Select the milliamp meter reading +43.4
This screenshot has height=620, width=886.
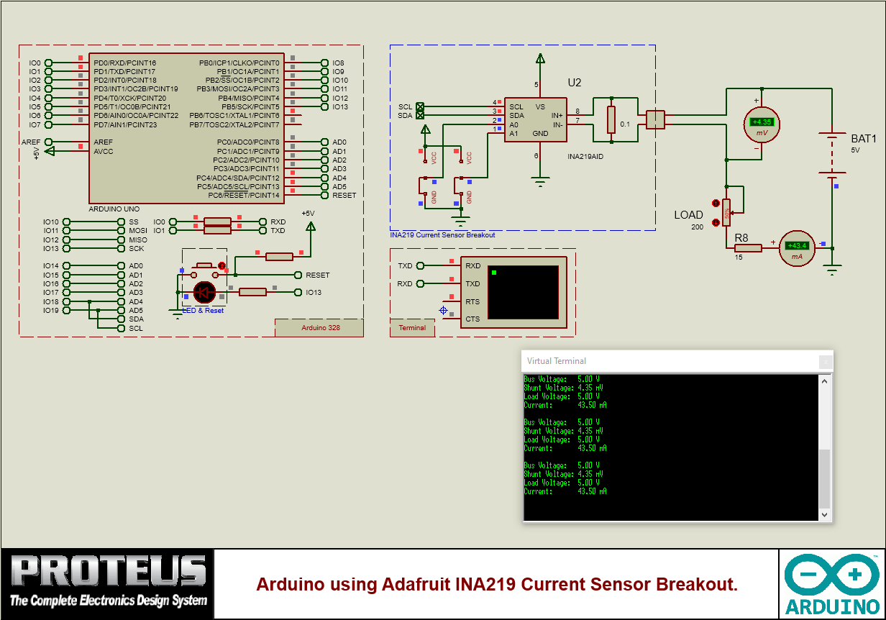(x=798, y=248)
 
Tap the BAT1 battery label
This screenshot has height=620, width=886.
(x=864, y=138)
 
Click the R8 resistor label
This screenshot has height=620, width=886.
(x=741, y=237)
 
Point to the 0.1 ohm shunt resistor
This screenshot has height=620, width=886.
(x=611, y=119)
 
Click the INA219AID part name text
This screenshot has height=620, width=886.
(x=584, y=156)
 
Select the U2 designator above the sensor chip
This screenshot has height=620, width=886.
(x=574, y=83)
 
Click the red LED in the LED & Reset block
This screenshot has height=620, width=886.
(x=205, y=292)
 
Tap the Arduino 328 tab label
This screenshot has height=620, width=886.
(x=320, y=328)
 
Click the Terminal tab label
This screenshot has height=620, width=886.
(x=412, y=328)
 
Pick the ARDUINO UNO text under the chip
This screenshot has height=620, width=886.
(x=114, y=209)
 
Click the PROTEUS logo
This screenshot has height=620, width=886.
(x=108, y=580)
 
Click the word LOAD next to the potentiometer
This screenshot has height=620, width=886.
(x=688, y=215)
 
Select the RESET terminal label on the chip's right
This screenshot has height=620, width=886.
(x=344, y=195)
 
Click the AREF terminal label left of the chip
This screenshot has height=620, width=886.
(x=31, y=142)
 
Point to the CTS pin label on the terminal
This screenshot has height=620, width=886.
(x=472, y=319)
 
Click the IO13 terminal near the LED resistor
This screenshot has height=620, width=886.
(x=314, y=292)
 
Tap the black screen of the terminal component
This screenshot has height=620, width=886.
(x=522, y=292)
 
